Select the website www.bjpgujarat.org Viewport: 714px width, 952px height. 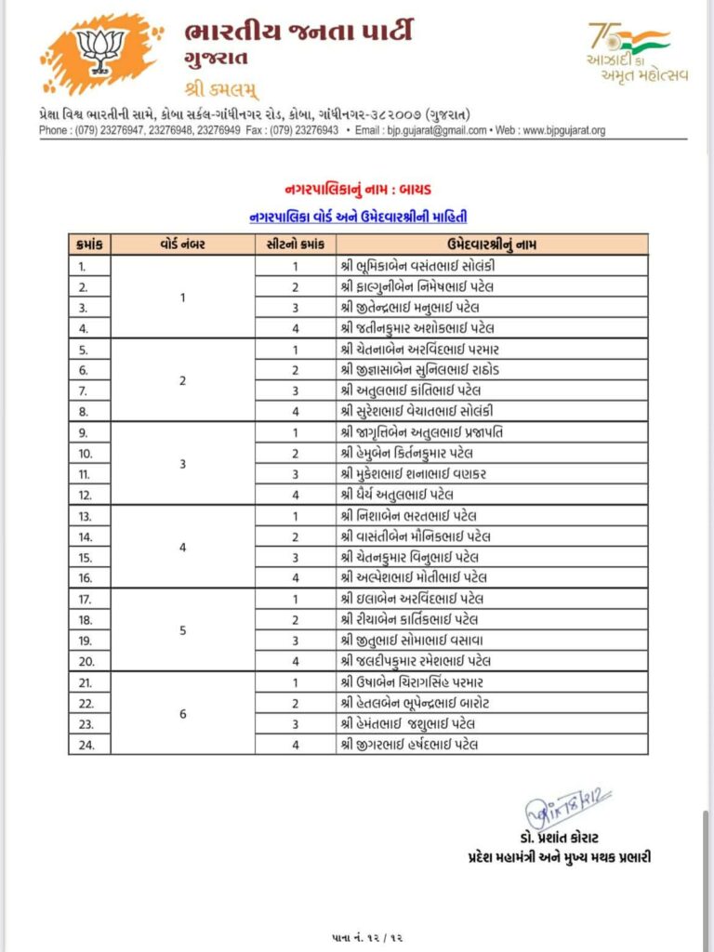pyautogui.click(x=563, y=131)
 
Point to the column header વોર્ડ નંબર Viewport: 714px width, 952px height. pyautogui.click(x=183, y=245)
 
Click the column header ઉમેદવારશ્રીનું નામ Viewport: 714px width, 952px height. pyautogui.click(x=493, y=245)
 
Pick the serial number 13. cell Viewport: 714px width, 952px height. pyautogui.click(x=90, y=515)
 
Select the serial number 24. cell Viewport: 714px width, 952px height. pyautogui.click(x=90, y=744)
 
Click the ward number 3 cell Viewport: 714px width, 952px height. pyautogui.click(x=183, y=463)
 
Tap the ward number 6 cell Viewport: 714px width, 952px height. pyautogui.click(x=183, y=712)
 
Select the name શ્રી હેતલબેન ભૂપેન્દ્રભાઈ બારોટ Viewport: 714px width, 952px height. pyautogui.click(x=423, y=702)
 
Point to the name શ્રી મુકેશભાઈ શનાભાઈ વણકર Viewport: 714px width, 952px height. pyautogui.click(x=413, y=473)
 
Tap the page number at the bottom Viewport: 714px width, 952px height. pyautogui.click(x=357, y=932)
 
